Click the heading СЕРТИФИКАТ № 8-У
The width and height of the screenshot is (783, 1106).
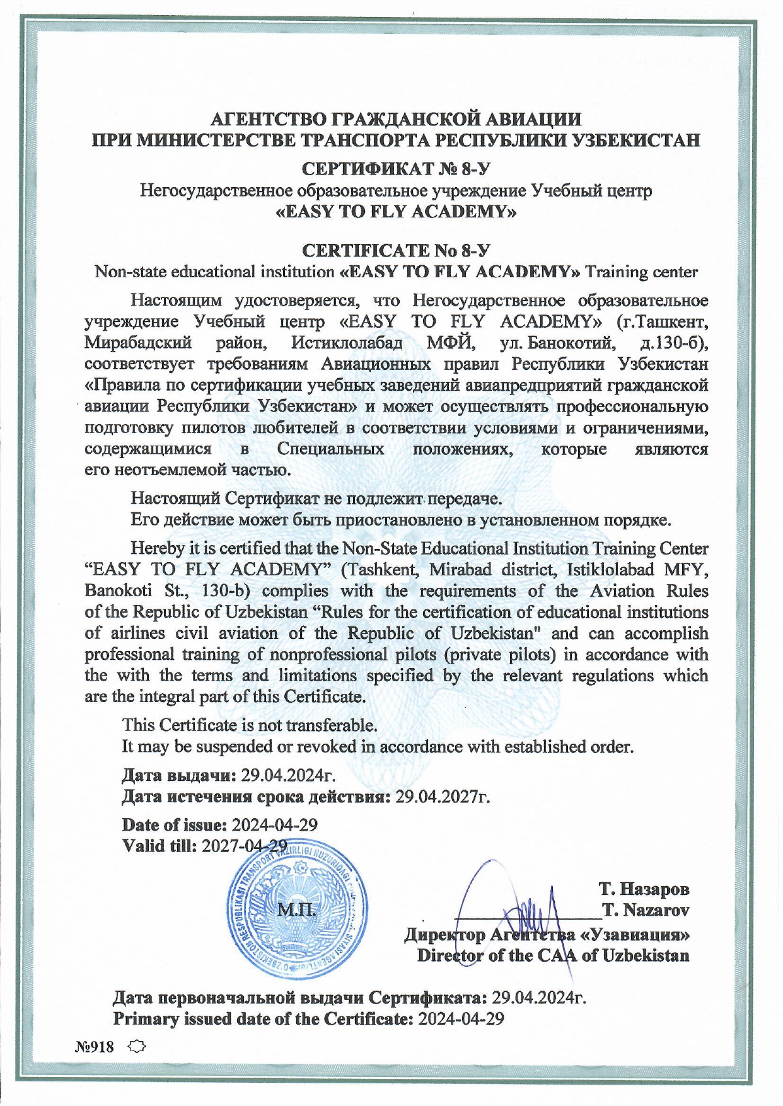tap(396, 169)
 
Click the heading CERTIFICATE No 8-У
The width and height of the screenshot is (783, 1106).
tap(396, 250)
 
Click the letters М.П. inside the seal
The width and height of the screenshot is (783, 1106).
tap(296, 910)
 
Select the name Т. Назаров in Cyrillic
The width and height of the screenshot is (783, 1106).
tap(643, 889)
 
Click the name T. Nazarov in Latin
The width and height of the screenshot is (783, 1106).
tap(645, 910)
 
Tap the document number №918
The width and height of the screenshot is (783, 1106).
tap(95, 1047)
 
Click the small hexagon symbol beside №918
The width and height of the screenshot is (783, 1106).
tap(136, 1047)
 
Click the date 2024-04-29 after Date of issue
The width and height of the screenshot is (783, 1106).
tap(274, 825)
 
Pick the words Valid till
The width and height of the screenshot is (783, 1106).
tap(159, 846)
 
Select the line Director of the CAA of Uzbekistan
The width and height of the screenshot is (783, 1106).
tap(553, 955)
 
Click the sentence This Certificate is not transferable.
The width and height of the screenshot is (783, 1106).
tap(250, 725)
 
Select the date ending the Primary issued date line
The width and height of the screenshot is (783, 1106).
tap(461, 1018)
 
